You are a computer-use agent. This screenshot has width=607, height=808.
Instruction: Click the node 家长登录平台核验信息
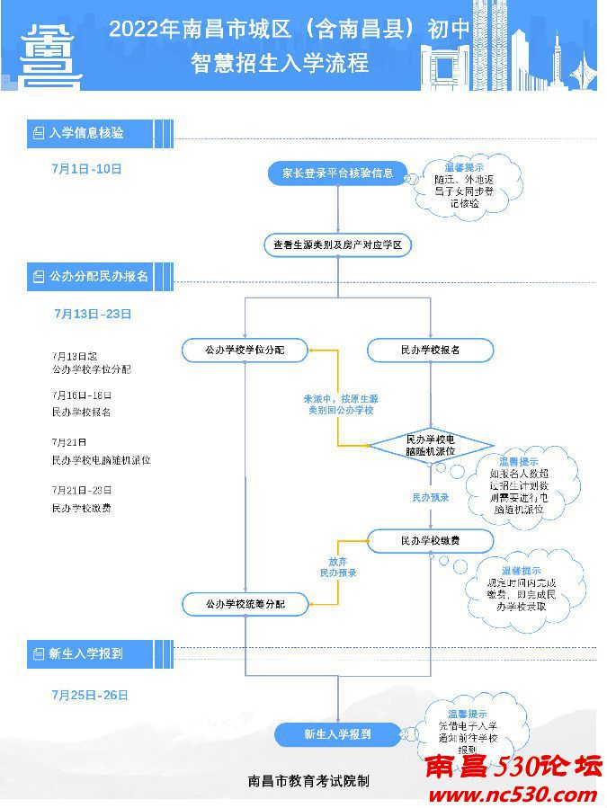click(338, 173)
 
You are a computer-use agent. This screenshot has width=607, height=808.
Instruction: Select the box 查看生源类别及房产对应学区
click(338, 244)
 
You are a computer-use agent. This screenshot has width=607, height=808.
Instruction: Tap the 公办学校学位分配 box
click(245, 350)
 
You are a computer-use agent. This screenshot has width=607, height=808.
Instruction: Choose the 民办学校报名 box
click(431, 350)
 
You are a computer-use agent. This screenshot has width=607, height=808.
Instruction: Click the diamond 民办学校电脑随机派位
click(431, 445)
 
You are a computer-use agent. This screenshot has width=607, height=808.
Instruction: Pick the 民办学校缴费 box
click(431, 541)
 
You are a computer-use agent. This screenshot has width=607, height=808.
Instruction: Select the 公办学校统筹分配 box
click(245, 604)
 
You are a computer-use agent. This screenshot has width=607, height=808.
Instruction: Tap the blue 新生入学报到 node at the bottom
click(338, 734)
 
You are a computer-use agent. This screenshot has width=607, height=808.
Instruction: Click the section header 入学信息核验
click(86, 133)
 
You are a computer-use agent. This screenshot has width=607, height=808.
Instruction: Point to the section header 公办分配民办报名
click(98, 276)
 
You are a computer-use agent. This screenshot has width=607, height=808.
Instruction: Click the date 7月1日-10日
click(87, 169)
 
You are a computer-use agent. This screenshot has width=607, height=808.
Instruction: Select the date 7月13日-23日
click(93, 314)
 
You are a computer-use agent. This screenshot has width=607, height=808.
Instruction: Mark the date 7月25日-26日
click(90, 695)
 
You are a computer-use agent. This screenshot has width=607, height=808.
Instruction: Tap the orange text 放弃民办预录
click(338, 566)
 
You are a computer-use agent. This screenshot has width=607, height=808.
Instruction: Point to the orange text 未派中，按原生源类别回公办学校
click(338, 404)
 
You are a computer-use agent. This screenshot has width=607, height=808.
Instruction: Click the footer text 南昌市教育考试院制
click(308, 781)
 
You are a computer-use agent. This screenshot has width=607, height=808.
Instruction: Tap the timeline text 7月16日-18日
click(82, 395)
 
